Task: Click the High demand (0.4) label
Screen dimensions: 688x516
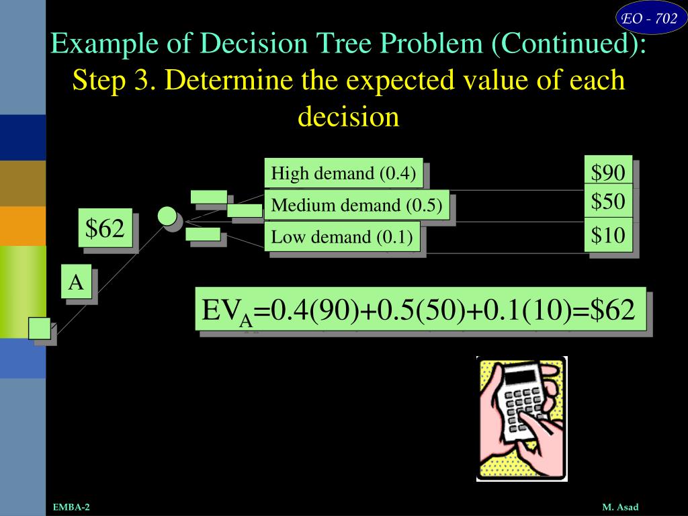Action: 343,174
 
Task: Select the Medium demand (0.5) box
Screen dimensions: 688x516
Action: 356,206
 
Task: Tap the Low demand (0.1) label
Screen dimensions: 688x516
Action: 341,236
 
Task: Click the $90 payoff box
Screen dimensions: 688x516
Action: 608,173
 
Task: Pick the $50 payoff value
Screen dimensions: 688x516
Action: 608,202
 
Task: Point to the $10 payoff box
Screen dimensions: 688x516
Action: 608,234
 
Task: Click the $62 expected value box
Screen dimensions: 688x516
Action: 105,229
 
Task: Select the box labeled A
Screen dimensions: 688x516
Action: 77,283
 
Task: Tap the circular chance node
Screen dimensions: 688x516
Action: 167,216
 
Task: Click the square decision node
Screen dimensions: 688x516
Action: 40,329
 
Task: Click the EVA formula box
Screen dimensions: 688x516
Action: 421,310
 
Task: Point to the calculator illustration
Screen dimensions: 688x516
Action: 521,419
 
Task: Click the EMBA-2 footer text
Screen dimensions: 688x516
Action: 71,507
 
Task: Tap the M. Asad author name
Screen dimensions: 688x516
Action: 619,507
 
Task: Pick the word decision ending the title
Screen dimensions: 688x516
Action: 348,117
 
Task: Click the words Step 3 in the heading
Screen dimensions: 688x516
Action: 115,81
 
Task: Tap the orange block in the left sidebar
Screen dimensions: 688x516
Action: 22,226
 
